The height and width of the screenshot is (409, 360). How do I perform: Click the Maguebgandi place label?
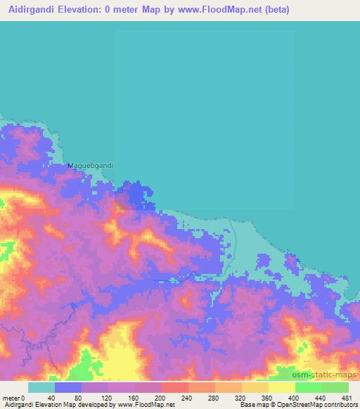(90, 166)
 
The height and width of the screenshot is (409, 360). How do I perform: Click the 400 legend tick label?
(295, 397)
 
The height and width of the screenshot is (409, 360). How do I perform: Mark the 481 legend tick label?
(346, 397)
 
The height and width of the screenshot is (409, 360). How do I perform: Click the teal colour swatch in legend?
(41, 387)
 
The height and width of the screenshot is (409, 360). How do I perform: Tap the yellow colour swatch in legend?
(281, 387)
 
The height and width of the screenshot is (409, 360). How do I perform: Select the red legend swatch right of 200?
(174, 387)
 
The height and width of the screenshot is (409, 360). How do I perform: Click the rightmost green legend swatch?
(335, 387)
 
